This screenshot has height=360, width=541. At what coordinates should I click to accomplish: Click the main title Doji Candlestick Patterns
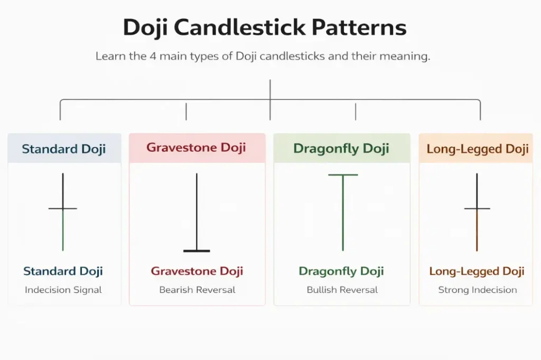pos(265,27)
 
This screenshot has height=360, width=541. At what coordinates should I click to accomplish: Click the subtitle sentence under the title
pos(263,56)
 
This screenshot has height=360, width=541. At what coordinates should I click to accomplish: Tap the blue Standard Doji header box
pos(64,149)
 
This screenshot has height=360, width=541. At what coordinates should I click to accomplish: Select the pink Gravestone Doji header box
pos(197,147)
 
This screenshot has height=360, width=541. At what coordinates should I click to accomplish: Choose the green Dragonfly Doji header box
pos(341,149)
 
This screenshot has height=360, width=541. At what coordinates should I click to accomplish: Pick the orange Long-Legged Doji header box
pos(477,149)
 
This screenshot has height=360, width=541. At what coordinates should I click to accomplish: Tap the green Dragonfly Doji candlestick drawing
pos(343,211)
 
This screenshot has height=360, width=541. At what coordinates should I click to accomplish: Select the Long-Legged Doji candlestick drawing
pos(477,211)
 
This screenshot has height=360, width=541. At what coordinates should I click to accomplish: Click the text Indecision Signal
pos(63,290)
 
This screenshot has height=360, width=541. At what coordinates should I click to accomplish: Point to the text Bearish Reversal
pos(197,290)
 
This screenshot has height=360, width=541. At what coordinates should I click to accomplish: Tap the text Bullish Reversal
pos(342,290)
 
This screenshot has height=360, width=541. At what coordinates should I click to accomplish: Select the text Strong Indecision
pos(477,290)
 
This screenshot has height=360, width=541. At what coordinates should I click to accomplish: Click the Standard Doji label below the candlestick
pos(63,272)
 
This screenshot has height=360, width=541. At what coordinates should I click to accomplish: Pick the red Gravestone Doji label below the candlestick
pos(197,272)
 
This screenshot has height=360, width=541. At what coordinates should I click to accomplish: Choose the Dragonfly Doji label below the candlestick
pos(342,272)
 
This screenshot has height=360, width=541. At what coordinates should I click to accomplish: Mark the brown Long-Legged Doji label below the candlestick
pos(477,272)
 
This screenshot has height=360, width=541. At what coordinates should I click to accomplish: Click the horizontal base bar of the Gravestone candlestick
pos(197,251)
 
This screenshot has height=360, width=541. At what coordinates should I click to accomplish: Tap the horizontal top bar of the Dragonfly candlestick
pos(343,174)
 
